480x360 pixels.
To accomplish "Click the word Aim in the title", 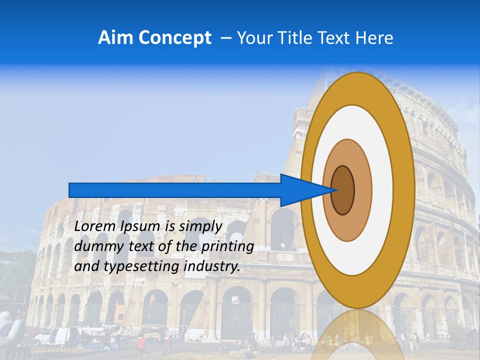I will point(116,38).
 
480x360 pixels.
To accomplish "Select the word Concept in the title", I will point(174,38).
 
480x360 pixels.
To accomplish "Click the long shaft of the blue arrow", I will point(175,190).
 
